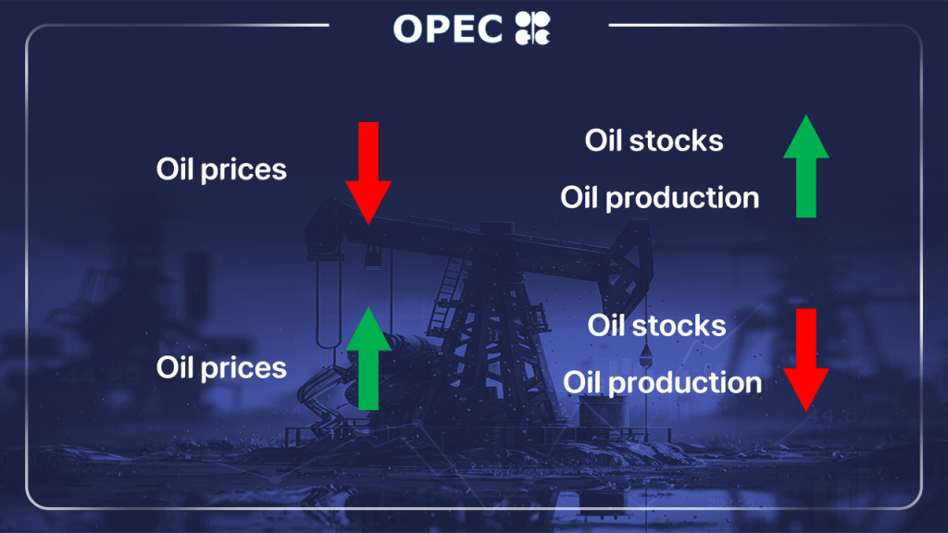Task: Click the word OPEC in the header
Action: click(448, 29)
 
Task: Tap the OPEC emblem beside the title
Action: click(532, 29)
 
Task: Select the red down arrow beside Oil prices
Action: click(368, 173)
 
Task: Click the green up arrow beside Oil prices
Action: click(368, 358)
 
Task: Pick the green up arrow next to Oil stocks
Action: click(806, 166)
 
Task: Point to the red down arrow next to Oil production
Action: click(806, 360)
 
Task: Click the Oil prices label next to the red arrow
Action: click(221, 170)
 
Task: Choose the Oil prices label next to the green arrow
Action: click(221, 368)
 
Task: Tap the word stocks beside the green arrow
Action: click(676, 141)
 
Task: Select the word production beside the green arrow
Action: click(682, 199)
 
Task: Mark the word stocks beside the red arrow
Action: click(679, 326)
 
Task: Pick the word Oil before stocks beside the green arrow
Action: click(604, 141)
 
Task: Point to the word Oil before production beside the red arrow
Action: click(582, 382)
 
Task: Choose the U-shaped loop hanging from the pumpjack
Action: click(329, 303)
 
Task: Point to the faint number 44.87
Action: click(837, 415)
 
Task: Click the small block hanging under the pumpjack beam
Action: click(373, 258)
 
